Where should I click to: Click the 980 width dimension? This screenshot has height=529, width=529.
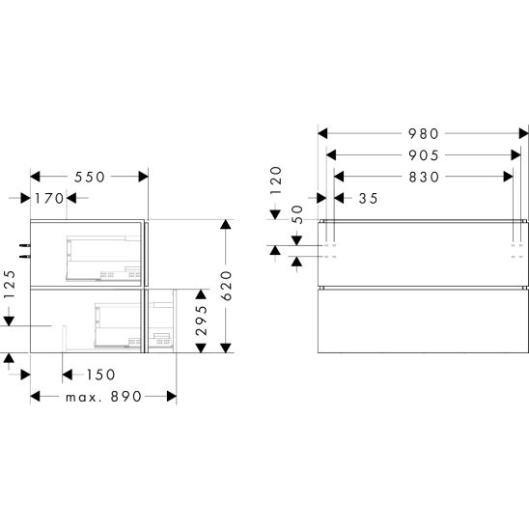[424, 133]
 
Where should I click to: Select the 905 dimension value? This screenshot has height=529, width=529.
[424, 155]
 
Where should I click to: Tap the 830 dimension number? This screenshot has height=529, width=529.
[424, 177]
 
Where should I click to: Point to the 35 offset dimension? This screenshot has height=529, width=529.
[369, 199]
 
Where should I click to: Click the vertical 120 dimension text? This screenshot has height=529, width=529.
[276, 180]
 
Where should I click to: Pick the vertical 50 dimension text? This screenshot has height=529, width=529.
[297, 214]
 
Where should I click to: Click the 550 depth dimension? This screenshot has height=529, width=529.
[90, 177]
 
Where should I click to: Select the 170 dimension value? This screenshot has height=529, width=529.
[49, 199]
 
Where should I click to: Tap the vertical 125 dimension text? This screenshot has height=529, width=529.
[10, 284]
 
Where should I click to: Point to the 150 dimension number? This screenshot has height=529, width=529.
[100, 375]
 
